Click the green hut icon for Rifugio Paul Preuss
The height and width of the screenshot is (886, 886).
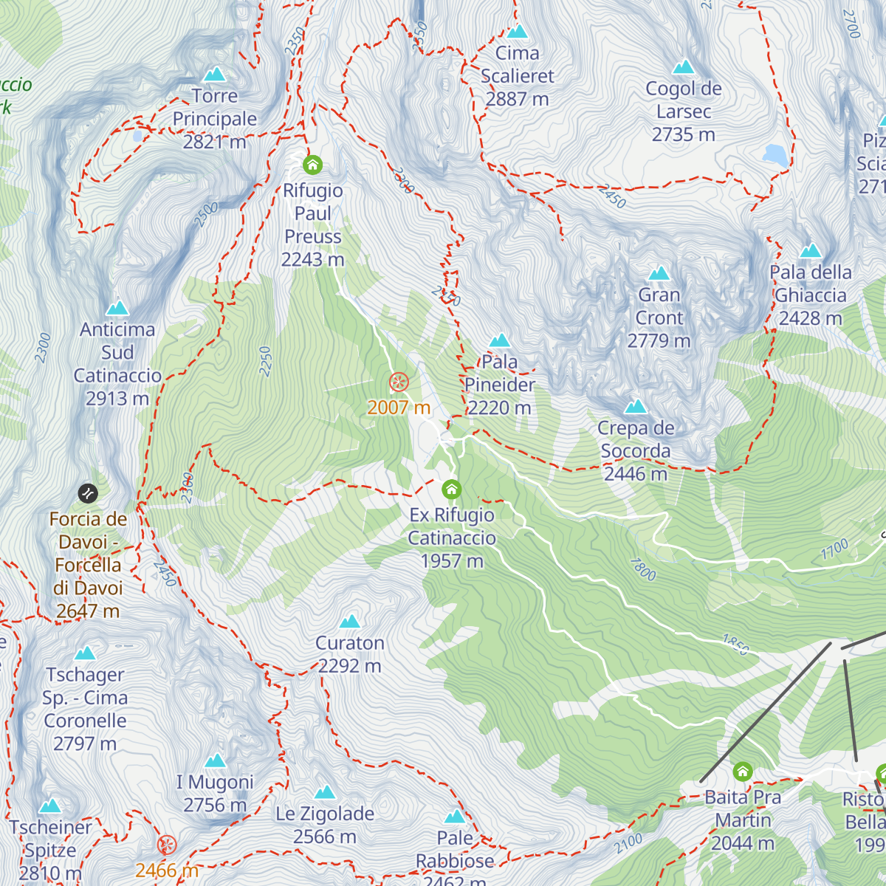pyautogui.click(x=312, y=164)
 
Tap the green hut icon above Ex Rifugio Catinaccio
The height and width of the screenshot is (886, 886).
pyautogui.click(x=451, y=489)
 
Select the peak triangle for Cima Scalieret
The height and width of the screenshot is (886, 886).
pyautogui.click(x=518, y=32)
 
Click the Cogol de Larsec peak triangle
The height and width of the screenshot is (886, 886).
pyautogui.click(x=683, y=67)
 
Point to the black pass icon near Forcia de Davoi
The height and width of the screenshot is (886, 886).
pyautogui.click(x=87, y=492)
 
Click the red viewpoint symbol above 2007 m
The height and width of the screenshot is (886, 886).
pyautogui.click(x=399, y=382)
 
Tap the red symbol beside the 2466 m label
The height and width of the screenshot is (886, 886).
pyautogui.click(x=168, y=845)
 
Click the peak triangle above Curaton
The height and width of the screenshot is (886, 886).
pyautogui.click(x=350, y=621)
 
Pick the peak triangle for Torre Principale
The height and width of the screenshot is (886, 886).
pyautogui.click(x=215, y=75)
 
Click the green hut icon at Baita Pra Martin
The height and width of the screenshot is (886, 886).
pyautogui.click(x=743, y=772)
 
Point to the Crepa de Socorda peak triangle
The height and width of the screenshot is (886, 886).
pyautogui.click(x=636, y=407)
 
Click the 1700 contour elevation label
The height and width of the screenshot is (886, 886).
pyautogui.click(x=835, y=549)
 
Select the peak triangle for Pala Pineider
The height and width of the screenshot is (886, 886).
pyautogui.click(x=500, y=340)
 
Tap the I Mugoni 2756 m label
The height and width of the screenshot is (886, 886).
pyautogui.click(x=215, y=793)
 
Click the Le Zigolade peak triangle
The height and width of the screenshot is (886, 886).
pyautogui.click(x=325, y=793)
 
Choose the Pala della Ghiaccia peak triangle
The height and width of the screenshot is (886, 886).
pyautogui.click(x=810, y=250)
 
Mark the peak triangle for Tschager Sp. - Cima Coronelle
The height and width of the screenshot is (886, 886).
pyautogui.click(x=85, y=653)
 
